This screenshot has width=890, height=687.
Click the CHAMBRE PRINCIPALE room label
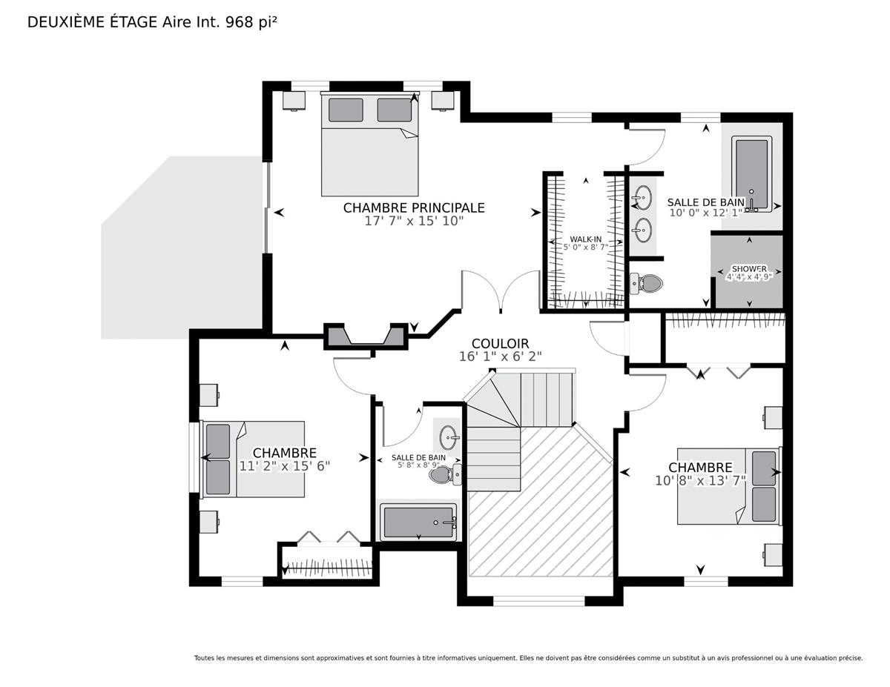pos(414,208)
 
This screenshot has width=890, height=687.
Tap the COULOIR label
pos(500,343)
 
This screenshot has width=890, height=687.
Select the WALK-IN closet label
pos(586,239)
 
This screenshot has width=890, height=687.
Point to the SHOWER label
pos(749,269)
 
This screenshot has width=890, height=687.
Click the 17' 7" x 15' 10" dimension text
pos(414,221)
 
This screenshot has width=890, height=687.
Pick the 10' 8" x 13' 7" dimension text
pos(700,480)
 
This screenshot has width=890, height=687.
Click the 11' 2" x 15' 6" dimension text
pos(284,466)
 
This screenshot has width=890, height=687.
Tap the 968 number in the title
pos(240,22)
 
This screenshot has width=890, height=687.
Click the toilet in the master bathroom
pos(646,283)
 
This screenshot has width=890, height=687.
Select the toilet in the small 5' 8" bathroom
pos(445,474)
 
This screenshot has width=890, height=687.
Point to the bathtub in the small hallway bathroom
pos(418,522)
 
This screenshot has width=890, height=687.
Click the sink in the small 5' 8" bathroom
pos(449,437)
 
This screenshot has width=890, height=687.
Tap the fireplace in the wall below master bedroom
pos(366,336)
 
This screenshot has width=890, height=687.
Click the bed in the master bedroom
pos(370,144)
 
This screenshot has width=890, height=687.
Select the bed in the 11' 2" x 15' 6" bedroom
pos(252,459)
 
